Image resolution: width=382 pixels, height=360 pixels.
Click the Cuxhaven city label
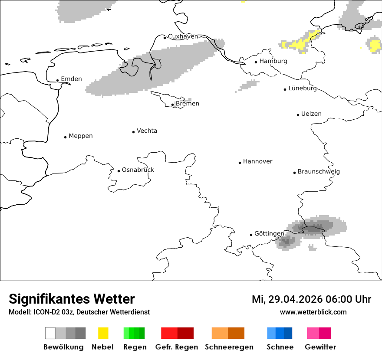[x=183, y=36]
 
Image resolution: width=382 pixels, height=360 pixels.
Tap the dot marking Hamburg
[x=256, y=62]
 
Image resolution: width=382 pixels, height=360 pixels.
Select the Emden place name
[x=71, y=79]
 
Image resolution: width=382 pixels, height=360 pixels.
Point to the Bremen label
[x=188, y=104]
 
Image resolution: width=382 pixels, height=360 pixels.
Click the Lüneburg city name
[x=303, y=88]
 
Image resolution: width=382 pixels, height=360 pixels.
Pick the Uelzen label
[x=311, y=114]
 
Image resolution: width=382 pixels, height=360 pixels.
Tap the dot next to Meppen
[x=65, y=137]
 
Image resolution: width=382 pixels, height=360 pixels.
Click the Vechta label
[x=147, y=131]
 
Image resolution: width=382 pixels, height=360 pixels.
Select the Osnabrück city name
[x=138, y=170]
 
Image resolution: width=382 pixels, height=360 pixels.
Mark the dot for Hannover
[x=240, y=163]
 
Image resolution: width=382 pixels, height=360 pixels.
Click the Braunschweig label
[x=319, y=172]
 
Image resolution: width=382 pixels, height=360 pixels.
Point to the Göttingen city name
[x=269, y=234]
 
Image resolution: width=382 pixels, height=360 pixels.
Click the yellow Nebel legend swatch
[x=103, y=333]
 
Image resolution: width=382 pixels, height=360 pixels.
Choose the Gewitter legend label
[x=320, y=347]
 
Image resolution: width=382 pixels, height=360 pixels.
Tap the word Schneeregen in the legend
[x=229, y=347]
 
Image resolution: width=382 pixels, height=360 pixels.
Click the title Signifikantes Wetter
[x=72, y=299]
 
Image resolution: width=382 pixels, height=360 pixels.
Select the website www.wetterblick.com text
[x=313, y=312]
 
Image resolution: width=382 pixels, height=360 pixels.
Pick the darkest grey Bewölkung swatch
[x=81, y=333]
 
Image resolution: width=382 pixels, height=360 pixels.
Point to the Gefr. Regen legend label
[x=177, y=347]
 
